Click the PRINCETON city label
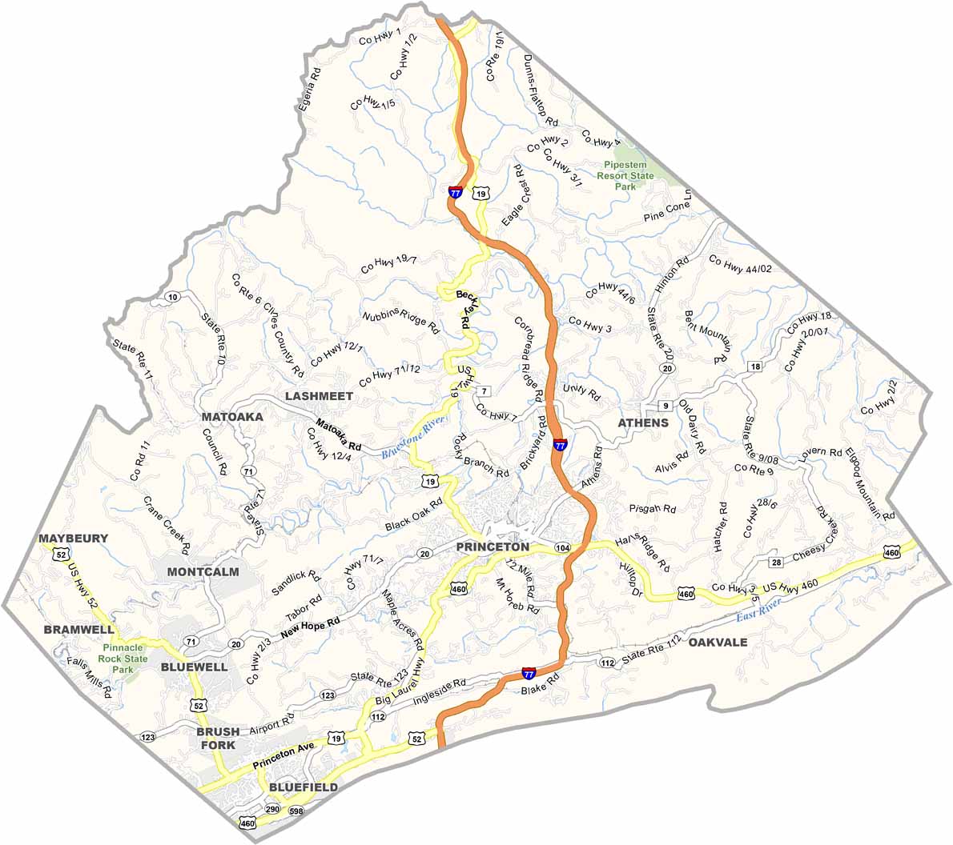click(492, 547)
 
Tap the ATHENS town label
click(642, 422)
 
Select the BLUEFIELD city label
click(303, 787)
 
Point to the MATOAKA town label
click(231, 417)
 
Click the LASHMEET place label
click(318, 396)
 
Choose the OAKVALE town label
click(718, 643)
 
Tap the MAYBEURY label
click(73, 539)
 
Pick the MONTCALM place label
click(203, 571)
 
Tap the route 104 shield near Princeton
click(562, 547)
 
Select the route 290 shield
click(272, 811)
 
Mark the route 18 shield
click(754, 366)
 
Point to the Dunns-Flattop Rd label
click(539, 90)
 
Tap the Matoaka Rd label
click(338, 433)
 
